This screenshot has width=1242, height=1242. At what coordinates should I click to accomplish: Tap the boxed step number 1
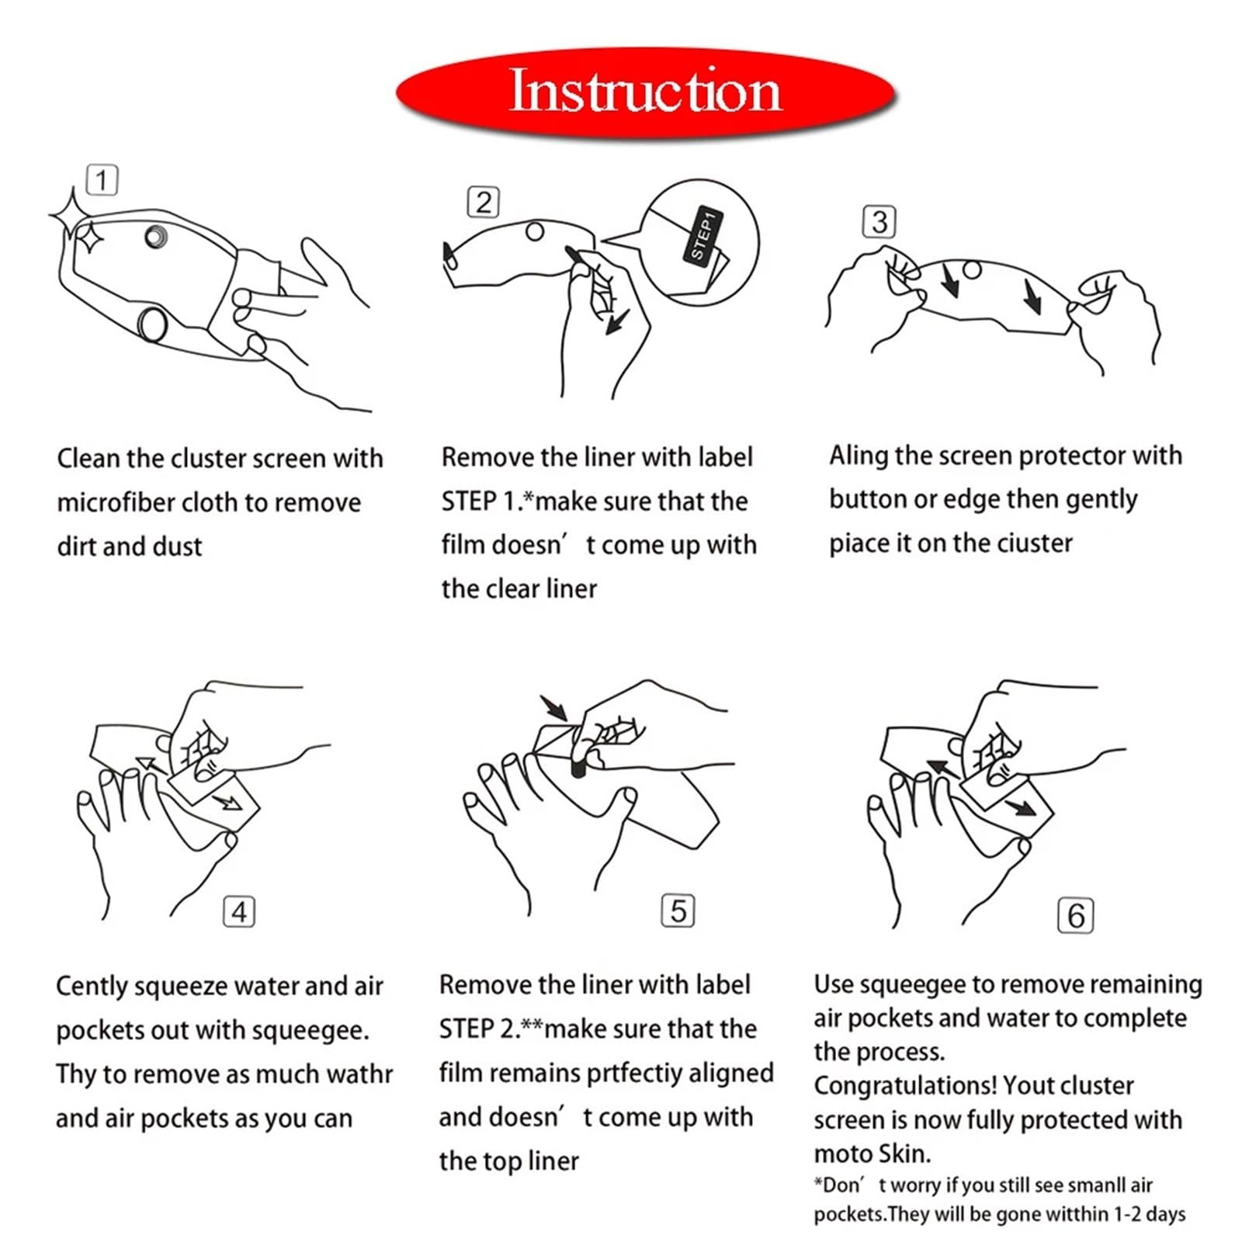[x=102, y=180]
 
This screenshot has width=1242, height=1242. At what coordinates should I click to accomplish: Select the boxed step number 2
[x=483, y=203]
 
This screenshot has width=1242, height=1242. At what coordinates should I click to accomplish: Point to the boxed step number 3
[x=879, y=222]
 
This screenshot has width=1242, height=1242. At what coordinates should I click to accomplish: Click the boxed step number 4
[x=239, y=911]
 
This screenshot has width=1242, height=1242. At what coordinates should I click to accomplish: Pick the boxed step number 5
[x=678, y=911]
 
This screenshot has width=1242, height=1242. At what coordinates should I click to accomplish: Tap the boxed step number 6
[x=1076, y=915]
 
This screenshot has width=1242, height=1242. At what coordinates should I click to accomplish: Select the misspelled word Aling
[x=858, y=456]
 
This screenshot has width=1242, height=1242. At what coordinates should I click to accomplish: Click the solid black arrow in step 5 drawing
[x=553, y=707]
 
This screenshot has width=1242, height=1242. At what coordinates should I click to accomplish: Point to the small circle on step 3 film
[x=972, y=270]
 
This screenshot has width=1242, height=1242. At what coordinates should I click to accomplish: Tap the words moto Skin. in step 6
[x=872, y=1154]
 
